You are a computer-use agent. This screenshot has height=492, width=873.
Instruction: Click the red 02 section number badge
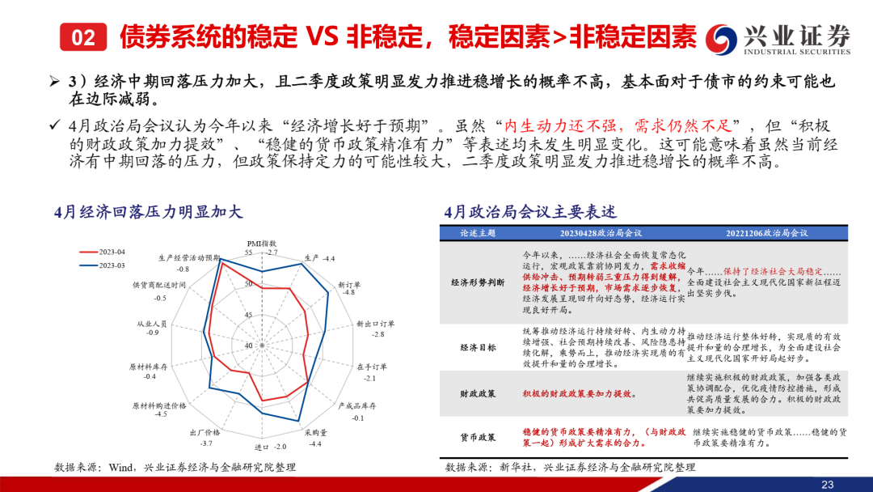point(83,36)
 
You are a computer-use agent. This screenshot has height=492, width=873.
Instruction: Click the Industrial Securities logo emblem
point(722,39)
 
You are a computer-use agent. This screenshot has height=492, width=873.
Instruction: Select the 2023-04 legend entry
point(103,252)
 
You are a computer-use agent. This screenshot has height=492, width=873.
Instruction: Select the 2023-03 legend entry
point(103,265)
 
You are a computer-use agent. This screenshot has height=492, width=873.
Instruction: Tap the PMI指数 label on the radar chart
point(261,244)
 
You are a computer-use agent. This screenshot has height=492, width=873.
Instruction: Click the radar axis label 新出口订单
point(375,324)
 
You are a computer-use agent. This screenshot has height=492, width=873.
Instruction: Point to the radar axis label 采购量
point(316,432)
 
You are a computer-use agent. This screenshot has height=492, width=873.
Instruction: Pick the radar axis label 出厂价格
point(205,432)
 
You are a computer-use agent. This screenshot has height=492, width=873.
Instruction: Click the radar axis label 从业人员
point(152,324)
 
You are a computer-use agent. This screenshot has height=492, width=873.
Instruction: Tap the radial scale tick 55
point(249,253)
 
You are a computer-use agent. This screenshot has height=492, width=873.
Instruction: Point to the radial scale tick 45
point(249,315)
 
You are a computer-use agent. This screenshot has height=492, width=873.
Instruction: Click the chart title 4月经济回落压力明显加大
point(148,212)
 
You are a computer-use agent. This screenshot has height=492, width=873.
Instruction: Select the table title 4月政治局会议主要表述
point(530,212)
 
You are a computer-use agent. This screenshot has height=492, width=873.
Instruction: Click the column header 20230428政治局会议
point(601,233)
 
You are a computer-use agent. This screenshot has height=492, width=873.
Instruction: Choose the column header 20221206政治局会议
point(766,233)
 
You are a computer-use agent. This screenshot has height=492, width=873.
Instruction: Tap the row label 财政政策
point(478,394)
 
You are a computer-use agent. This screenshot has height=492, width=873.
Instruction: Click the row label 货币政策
point(478,438)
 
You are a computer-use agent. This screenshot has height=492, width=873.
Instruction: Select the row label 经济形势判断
point(478,282)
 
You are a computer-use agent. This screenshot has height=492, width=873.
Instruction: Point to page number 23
point(828,484)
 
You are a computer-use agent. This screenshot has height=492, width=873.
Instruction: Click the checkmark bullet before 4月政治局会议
point(54,125)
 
